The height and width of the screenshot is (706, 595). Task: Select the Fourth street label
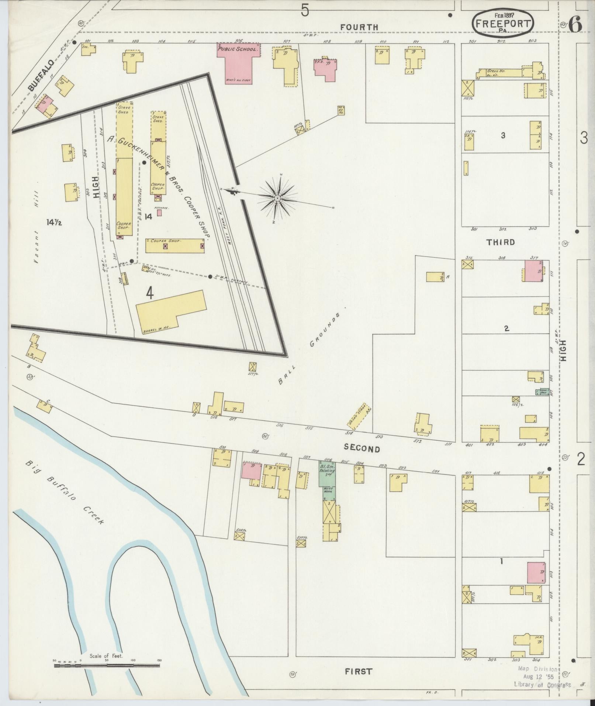359,27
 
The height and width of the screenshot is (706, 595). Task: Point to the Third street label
500,242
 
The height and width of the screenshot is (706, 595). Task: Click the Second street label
362,448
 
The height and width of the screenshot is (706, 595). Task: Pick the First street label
358,671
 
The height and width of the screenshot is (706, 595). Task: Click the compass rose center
277,199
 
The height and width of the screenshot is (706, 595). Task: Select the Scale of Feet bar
107,665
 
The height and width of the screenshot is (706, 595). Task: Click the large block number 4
149,293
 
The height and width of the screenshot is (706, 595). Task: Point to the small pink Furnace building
159,213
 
